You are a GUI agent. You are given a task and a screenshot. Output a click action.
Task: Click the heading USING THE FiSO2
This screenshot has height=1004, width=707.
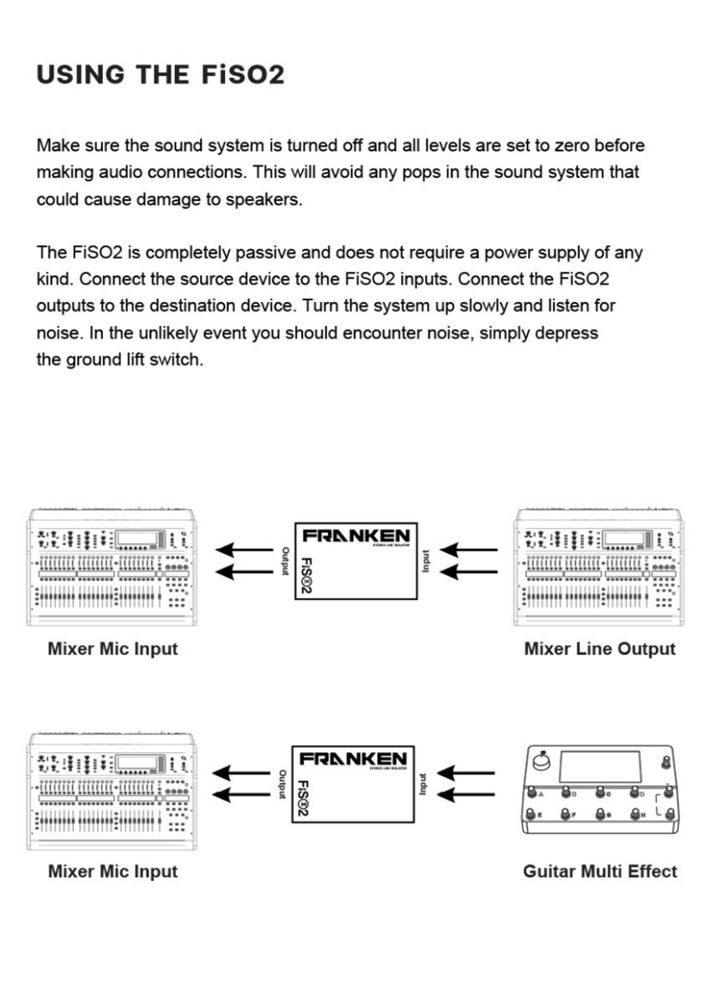coord(161,74)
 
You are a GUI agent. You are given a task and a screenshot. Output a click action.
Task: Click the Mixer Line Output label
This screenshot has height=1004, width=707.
coord(599,648)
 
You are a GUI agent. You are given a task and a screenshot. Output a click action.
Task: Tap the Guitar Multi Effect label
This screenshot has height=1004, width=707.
coord(599,871)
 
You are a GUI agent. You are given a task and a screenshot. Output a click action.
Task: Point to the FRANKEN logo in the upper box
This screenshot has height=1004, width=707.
coord(356,535)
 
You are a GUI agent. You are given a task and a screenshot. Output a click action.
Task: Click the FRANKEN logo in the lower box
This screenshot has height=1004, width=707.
coord(354,759)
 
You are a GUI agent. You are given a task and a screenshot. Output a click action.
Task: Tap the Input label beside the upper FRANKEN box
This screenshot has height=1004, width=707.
coord(426,561)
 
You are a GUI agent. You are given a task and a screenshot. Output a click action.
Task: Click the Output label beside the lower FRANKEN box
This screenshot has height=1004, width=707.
coord(283,784)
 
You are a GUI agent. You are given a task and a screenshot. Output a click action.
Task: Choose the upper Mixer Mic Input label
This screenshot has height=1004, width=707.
coord(113,648)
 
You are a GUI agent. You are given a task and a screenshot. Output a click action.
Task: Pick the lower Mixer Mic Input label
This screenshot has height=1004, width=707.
coord(113,871)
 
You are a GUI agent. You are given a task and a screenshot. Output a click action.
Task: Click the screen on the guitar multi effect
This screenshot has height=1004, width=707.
coord(599,768)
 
